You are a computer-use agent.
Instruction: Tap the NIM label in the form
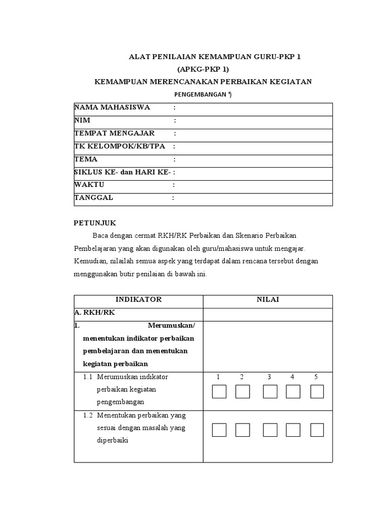tap(82, 120)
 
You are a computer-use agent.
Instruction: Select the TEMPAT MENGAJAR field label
tap(114, 133)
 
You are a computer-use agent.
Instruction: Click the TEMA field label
tap(85, 159)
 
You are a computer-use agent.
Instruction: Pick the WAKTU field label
tap(89, 185)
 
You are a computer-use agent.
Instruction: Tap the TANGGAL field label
tap(93, 197)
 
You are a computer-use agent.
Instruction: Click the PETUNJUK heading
tap(95, 223)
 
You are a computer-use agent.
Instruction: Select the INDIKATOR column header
tap(138, 299)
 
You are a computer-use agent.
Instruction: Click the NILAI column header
tap(268, 299)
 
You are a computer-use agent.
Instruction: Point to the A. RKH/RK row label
tap(94, 313)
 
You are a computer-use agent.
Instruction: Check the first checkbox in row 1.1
tap(219, 392)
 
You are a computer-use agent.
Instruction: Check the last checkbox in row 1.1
tap(317, 392)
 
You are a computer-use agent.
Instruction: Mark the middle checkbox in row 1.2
tap(270, 430)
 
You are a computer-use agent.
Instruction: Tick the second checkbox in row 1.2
tap(243, 430)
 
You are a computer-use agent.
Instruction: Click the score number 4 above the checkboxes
tap(292, 377)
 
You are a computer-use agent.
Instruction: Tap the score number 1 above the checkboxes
tap(218, 377)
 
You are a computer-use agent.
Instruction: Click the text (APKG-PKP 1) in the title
tap(207, 69)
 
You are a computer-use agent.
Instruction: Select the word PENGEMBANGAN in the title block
tap(200, 94)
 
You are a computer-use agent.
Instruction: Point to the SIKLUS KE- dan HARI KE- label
tap(122, 172)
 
